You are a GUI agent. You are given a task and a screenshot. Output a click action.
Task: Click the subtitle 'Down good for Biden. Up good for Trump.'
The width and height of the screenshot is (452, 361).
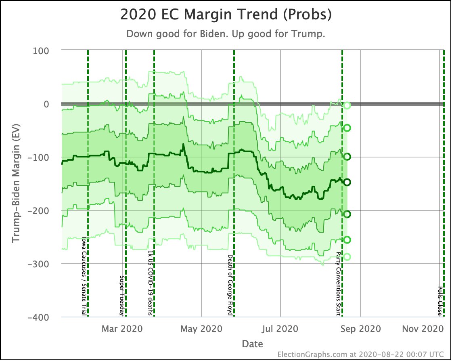pos(226,34)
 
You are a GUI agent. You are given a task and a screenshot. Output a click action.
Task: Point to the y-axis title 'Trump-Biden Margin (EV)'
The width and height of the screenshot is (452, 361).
pos(16,184)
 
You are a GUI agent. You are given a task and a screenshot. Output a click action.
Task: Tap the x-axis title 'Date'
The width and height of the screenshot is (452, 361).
pos(252,344)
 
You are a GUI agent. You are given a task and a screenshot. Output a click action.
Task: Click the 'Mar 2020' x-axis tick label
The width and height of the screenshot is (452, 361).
pos(122,329)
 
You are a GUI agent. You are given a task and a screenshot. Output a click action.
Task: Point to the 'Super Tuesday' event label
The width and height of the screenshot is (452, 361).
pos(122,296)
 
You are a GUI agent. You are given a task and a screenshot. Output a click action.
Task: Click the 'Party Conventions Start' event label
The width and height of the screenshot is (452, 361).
pos(339,284)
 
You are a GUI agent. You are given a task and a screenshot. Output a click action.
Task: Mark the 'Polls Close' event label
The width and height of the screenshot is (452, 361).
pos(440,301)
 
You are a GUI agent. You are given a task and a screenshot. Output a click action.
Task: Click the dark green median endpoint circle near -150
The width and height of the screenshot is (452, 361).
pos(347,182)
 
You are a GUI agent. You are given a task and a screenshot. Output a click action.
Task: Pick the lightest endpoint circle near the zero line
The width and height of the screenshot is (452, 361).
pos(347,105)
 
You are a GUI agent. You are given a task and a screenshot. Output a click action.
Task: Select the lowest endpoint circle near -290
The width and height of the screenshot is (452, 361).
pos(347,257)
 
